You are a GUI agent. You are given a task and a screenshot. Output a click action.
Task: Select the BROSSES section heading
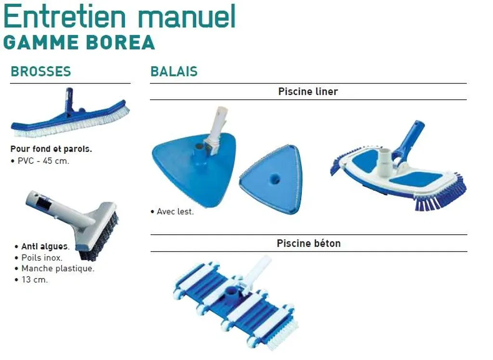41,72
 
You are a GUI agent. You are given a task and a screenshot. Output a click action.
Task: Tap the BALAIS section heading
174,72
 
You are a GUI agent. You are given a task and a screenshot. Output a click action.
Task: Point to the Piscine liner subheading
308,92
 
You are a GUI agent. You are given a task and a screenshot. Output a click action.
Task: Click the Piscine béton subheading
308,243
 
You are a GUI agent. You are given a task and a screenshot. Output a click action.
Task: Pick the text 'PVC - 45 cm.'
43,161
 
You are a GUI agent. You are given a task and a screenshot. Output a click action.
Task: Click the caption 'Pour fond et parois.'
51,149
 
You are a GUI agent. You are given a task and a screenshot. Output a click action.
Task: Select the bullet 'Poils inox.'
42,258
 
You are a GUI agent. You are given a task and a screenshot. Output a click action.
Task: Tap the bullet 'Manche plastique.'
58,268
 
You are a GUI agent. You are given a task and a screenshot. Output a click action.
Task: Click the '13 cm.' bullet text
34,280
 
